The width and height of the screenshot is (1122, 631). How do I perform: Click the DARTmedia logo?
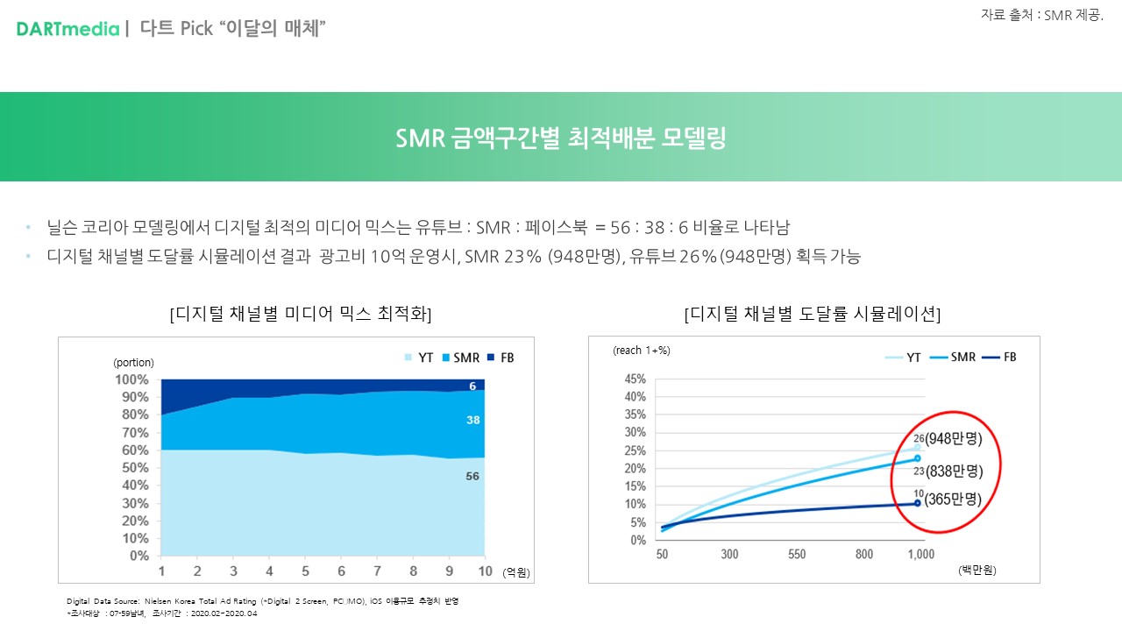[x=67, y=29]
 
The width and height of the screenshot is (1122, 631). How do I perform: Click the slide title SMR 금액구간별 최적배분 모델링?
[x=561, y=138]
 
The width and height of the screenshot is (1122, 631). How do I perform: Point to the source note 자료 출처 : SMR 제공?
[x=1041, y=15]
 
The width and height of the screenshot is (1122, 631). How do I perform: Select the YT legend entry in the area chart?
[x=420, y=358]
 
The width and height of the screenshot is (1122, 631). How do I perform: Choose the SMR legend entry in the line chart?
[x=955, y=358]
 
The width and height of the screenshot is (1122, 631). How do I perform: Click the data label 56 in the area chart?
[x=473, y=476]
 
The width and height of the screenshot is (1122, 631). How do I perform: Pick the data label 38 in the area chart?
[x=473, y=421]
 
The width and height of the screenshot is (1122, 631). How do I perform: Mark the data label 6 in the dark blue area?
[x=472, y=386]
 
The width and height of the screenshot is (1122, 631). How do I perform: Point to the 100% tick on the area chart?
[x=131, y=379]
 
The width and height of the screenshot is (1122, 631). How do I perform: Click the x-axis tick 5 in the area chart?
[x=306, y=571]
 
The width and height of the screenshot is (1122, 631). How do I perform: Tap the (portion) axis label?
[x=133, y=363]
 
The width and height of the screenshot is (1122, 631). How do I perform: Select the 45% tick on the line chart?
[x=635, y=379]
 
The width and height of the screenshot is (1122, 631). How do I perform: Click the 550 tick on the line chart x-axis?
[x=797, y=555]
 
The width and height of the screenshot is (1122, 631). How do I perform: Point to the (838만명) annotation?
[x=954, y=471]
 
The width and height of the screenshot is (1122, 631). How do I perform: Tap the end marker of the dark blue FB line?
[x=918, y=503]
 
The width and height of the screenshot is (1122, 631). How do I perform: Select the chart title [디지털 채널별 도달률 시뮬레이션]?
[x=813, y=314]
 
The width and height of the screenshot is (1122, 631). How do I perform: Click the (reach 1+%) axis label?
[x=641, y=351]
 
